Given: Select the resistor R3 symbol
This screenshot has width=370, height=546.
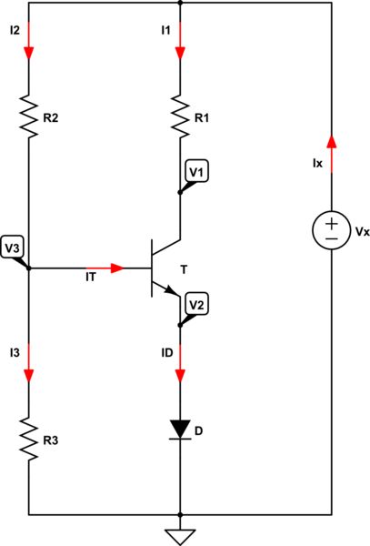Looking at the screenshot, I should pyautogui.click(x=29, y=441).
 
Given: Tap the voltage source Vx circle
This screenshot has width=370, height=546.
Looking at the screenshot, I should pyautogui.click(x=331, y=232).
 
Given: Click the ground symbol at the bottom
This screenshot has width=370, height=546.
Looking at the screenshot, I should pyautogui.click(x=180, y=534).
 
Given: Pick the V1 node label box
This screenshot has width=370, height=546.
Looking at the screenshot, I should pyautogui.click(x=196, y=172).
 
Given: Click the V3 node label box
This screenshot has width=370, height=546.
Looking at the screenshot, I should pyautogui.click(x=13, y=248).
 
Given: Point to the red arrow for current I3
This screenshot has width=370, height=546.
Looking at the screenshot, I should pyautogui.click(x=29, y=372).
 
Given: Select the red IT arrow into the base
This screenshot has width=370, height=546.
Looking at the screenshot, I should pyautogui.click(x=115, y=268).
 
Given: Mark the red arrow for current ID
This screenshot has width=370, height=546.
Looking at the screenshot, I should pyautogui.click(x=180, y=372).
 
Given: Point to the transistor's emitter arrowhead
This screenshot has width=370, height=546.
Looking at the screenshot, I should pyautogui.click(x=170, y=290).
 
